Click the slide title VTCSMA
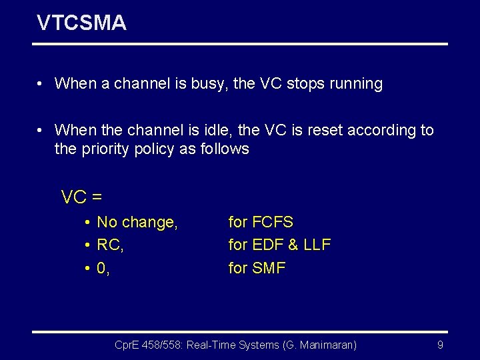coord(81,23)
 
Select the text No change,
coord(137,223)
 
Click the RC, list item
coord(110,245)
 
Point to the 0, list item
coord(103,268)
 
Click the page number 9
coord(440,345)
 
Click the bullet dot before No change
coord(87,223)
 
